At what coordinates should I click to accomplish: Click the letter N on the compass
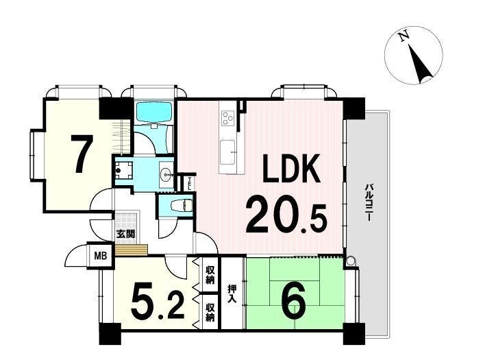coord(404,36)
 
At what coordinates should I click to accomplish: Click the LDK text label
coord(291,168)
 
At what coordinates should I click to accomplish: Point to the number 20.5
coord(286,215)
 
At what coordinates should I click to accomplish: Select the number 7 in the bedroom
coord(82,154)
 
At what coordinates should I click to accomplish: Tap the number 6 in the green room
coord(294,302)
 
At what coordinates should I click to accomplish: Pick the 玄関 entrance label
coord(125,234)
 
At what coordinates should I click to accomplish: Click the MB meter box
coord(101,256)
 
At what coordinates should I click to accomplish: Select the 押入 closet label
coord(232,293)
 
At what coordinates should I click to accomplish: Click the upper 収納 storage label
coord(210,275)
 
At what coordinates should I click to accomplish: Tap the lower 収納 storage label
coord(210,313)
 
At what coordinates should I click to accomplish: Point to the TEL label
coord(190,183)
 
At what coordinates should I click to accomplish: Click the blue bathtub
coord(153,112)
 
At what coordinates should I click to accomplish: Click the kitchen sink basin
coord(228,152)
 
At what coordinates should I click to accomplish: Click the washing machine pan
coord(123,170)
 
